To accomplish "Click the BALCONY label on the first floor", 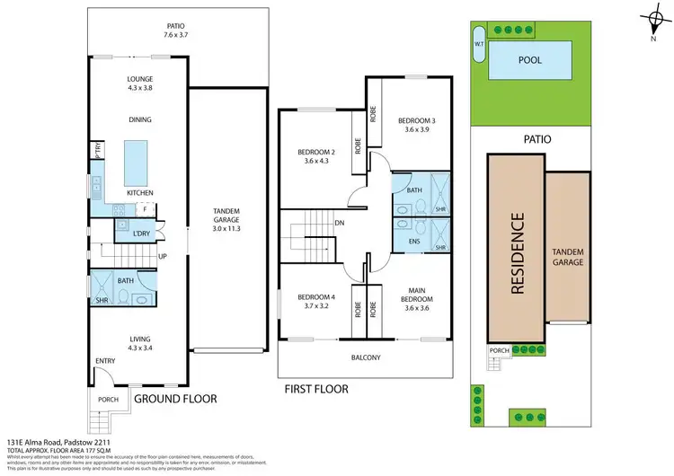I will click(x=365, y=357).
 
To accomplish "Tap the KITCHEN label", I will click(x=139, y=193).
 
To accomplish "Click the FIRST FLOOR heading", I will click(x=315, y=390).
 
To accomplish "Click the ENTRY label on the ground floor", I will click(x=106, y=361).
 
